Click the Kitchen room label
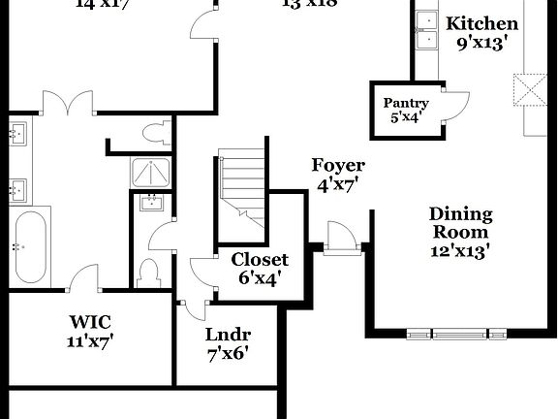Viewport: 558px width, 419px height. (x=481, y=23)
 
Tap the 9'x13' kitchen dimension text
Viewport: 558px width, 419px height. (x=478, y=44)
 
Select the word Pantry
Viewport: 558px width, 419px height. (x=406, y=103)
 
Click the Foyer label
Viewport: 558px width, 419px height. (x=338, y=165)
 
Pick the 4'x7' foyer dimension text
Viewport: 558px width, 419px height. (x=338, y=184)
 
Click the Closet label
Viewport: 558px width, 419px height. (x=260, y=259)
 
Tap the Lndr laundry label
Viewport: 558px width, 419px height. (x=228, y=335)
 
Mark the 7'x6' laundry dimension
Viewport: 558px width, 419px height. (x=228, y=353)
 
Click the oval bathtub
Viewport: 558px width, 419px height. (x=31, y=246)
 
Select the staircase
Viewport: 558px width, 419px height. (x=242, y=188)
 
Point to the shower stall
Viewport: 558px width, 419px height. (x=151, y=173)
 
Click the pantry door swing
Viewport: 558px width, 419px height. (x=453, y=104)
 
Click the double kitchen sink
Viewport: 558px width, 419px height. (x=426, y=29)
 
